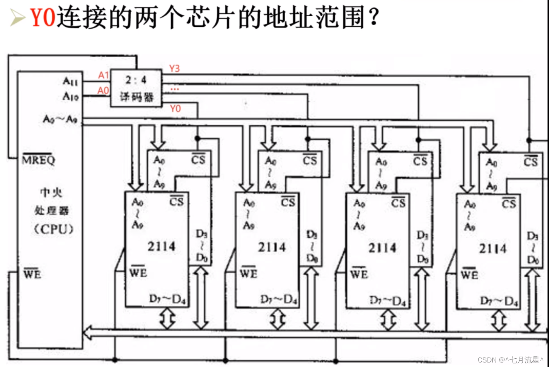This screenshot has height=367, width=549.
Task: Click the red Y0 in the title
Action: coord(43,17)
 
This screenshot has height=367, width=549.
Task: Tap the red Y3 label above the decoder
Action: coord(174,69)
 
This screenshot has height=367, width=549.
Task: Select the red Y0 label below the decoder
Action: coord(175,109)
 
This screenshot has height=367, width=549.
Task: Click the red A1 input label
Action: coord(103,75)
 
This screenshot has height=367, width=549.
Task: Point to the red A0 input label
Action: coord(103,91)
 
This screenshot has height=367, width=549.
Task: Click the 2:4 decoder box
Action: coord(136,88)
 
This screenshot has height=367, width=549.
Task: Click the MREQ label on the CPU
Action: coord(38,160)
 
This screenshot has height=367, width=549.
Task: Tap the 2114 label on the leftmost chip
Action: coord(161,246)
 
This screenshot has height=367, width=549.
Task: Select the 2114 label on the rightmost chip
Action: coord(493,249)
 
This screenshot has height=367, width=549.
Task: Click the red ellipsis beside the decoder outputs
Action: coord(175,89)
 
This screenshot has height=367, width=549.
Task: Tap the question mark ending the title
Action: coord(374,17)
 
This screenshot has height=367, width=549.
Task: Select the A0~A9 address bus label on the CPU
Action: coord(60,119)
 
